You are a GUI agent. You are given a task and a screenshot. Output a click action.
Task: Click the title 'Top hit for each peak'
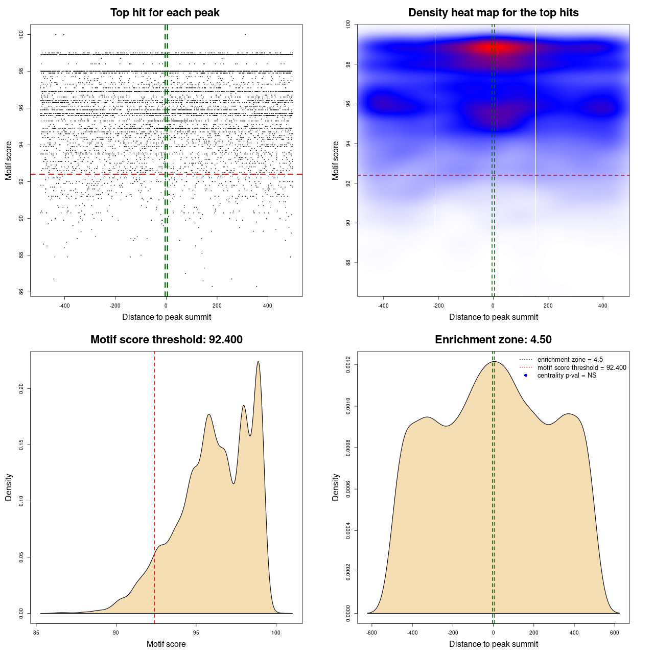[x=165, y=13]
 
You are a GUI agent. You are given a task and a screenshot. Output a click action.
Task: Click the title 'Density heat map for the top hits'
[x=493, y=13]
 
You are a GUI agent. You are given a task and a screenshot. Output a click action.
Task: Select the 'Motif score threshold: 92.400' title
[x=166, y=340]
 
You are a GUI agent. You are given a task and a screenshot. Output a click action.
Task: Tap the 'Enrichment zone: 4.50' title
[x=493, y=340]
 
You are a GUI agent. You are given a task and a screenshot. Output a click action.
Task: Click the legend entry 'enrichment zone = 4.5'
[x=570, y=360]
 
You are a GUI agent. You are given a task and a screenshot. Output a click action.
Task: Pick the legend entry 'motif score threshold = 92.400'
[x=581, y=367]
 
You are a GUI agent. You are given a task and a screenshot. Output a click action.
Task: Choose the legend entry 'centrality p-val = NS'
[x=567, y=376]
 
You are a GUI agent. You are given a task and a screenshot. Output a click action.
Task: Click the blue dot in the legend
[x=526, y=376]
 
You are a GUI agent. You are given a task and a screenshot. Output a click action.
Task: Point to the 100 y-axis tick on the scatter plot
[x=21, y=34]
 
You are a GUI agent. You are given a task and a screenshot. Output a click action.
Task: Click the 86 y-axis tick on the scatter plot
[x=21, y=292]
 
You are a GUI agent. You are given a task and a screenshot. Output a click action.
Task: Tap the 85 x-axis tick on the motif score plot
[x=36, y=633]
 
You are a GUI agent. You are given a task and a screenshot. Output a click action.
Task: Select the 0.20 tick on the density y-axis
[x=21, y=389]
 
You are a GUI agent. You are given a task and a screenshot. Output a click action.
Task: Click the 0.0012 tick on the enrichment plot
[x=348, y=365]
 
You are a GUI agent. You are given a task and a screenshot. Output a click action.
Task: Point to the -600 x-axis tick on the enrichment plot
[x=371, y=633]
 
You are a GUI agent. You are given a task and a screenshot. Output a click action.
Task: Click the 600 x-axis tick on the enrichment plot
[x=615, y=633]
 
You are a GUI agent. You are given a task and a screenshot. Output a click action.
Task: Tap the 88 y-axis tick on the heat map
[x=348, y=263]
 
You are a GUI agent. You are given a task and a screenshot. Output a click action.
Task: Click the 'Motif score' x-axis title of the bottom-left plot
[x=166, y=644]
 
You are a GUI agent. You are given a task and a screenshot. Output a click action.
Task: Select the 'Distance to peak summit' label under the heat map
[x=493, y=317]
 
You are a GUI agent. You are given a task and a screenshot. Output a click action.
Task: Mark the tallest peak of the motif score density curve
[x=258, y=362]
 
